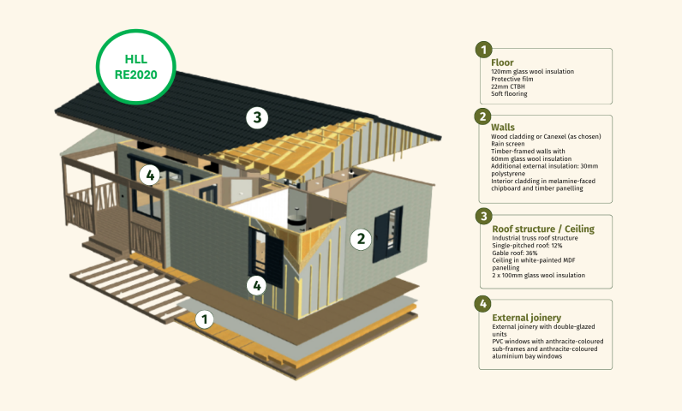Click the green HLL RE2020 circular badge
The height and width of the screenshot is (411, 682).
(x=135, y=67)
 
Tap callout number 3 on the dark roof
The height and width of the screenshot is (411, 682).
(x=257, y=117)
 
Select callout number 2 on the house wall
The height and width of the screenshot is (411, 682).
(x=361, y=239)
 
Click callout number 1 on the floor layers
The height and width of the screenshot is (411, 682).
(x=205, y=319)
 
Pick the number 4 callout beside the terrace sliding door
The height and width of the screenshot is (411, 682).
(x=150, y=176)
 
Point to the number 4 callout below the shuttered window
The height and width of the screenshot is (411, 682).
(x=257, y=285)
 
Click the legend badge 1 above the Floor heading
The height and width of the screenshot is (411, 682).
(x=484, y=50)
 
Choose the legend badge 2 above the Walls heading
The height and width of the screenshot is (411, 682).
(x=482, y=116)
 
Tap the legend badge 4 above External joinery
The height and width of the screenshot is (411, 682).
(x=482, y=304)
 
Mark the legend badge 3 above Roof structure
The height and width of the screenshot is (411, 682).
(x=484, y=216)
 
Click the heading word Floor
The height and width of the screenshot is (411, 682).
(x=502, y=63)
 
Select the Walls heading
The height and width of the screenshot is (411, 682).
(x=503, y=128)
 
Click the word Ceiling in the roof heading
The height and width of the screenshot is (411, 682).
(x=579, y=229)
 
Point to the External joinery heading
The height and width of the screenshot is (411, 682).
(x=527, y=318)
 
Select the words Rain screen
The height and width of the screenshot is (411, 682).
(x=508, y=144)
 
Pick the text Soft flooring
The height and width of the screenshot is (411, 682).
(x=509, y=94)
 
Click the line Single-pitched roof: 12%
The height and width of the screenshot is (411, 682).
(x=527, y=246)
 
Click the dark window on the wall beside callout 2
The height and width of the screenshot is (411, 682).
(x=387, y=235)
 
